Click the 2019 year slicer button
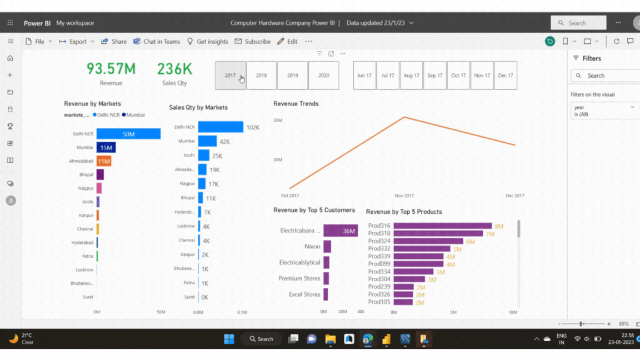pyautogui.click(x=292, y=76)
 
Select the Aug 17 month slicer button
pyautogui.click(x=411, y=76)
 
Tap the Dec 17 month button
pyautogui.click(x=505, y=76)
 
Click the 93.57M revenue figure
pyautogui.click(x=111, y=69)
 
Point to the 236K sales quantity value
pyautogui.click(x=174, y=69)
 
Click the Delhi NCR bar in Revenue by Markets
pyautogui.click(x=128, y=134)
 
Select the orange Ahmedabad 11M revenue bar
pyautogui.click(x=104, y=161)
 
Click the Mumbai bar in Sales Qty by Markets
pyautogui.click(x=207, y=142)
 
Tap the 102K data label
pyautogui.click(x=253, y=127)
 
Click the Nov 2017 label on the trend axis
pyautogui.click(x=404, y=196)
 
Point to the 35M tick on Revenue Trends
pyautogui.click(x=278, y=120)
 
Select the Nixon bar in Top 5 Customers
pyautogui.click(x=327, y=246)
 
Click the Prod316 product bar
pyautogui.click(x=442, y=226)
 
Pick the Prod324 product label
pyautogui.click(x=379, y=242)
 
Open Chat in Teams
pyautogui.click(x=157, y=42)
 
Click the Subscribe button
pyautogui.click(x=253, y=42)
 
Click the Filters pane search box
pyautogui.click(x=606, y=76)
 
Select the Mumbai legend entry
pyautogui.click(x=134, y=115)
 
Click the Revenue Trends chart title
pyautogui.click(x=296, y=104)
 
